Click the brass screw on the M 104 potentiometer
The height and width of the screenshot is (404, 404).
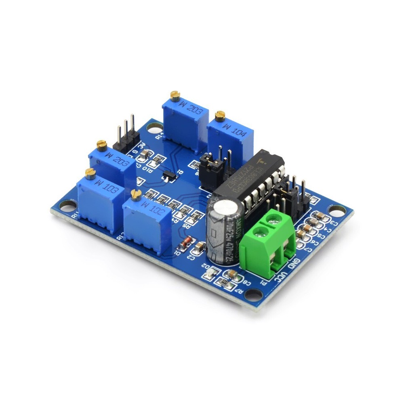(220, 116)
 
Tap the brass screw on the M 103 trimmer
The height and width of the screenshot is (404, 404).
(90, 173)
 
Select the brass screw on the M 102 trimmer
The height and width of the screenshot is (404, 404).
(136, 195)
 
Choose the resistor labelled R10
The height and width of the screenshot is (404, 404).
(154, 162)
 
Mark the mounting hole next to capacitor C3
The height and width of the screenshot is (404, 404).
(337, 210)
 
